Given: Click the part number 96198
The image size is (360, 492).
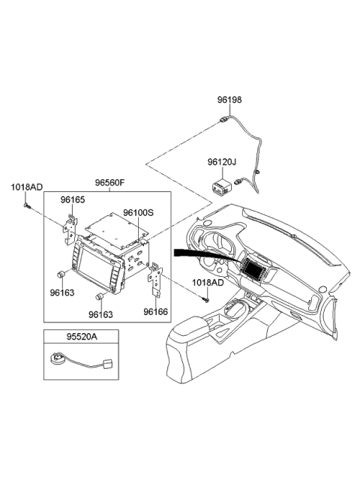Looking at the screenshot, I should coord(230,99).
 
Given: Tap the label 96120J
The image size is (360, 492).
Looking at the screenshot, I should coord(221,160).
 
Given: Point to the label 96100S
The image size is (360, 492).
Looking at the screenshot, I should coord(138,213).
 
